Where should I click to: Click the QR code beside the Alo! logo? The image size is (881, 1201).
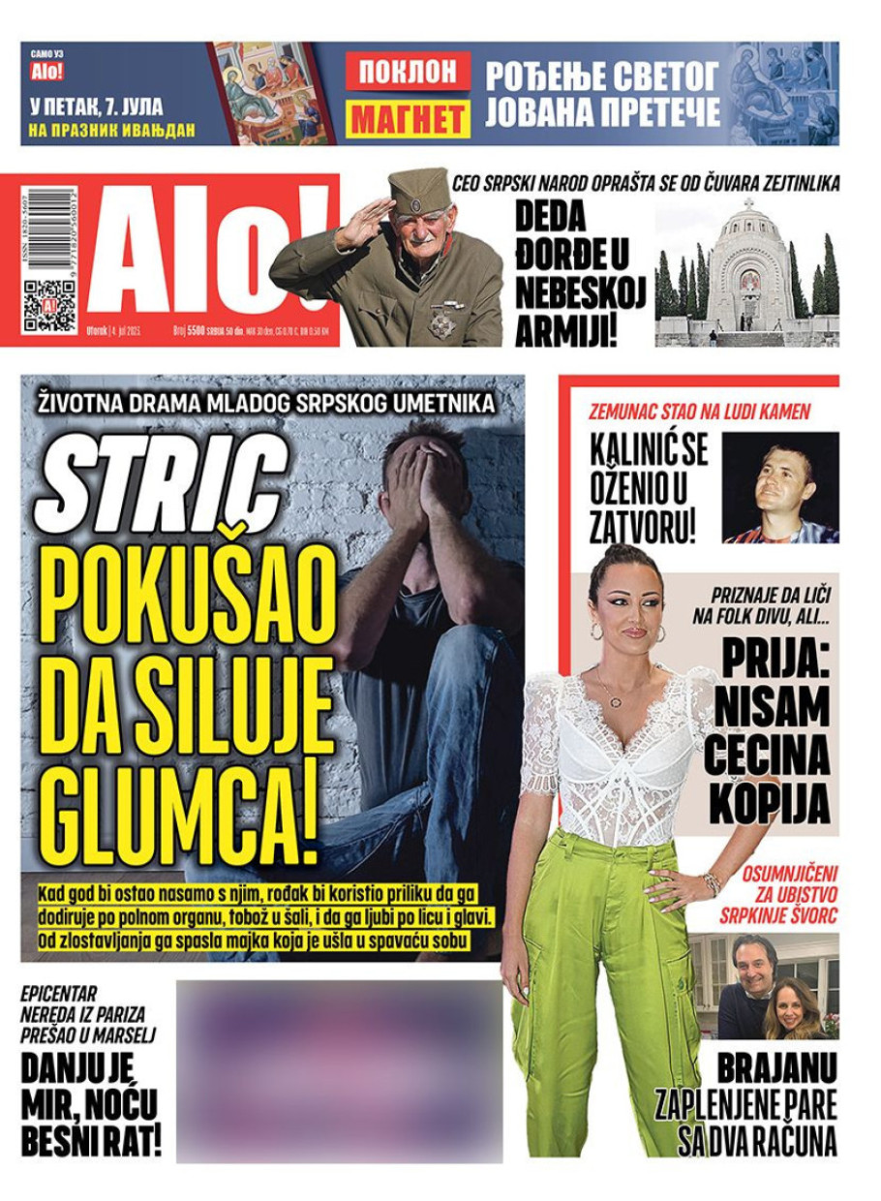48,306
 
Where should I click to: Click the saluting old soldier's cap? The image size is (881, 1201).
417,189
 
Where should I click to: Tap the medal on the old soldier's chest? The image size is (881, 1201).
443,320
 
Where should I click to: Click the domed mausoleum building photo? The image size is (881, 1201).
746,275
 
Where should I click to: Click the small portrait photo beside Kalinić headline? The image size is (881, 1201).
780,488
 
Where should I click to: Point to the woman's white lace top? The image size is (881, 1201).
620,755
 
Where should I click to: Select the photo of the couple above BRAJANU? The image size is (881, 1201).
764,986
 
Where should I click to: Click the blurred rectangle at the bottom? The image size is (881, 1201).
339,1070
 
